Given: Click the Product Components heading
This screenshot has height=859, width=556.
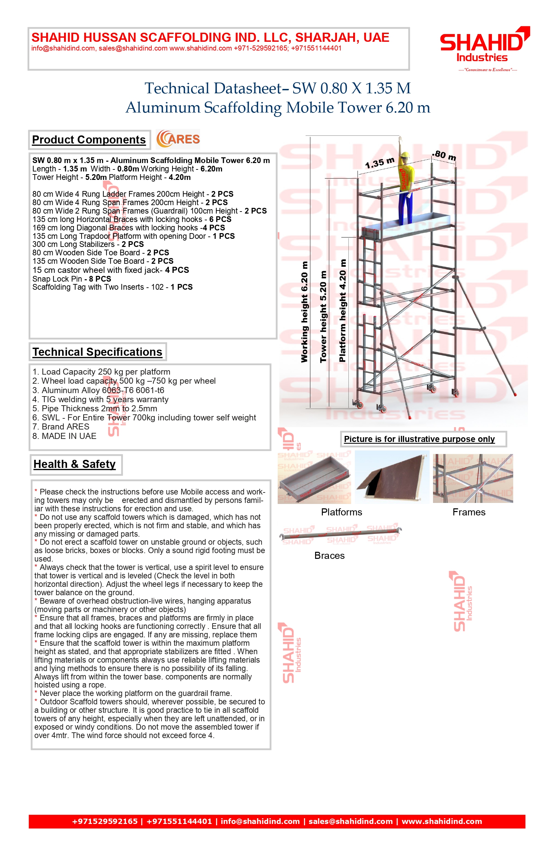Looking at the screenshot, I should [x=89, y=140].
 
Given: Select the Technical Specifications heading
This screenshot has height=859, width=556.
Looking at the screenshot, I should [x=97, y=352].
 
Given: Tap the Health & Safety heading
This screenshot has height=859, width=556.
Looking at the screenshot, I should [x=75, y=464].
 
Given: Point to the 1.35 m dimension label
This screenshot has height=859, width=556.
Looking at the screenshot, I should [x=379, y=163].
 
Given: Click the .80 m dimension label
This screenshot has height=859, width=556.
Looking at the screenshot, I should [x=444, y=156].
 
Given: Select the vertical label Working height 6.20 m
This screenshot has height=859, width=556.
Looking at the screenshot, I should [x=304, y=312].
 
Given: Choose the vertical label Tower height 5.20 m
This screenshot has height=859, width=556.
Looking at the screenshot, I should [x=323, y=316].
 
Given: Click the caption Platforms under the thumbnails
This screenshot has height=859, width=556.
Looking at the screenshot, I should [x=342, y=512].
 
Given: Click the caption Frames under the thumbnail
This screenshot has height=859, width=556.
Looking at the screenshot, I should [x=469, y=512].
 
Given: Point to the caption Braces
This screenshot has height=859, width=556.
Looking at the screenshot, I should [x=329, y=555].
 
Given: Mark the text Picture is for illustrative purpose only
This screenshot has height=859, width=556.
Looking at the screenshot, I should [x=419, y=439].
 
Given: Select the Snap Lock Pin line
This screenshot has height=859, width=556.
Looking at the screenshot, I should [x=72, y=279].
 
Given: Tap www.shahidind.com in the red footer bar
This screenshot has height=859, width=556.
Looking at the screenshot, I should [x=442, y=822].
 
